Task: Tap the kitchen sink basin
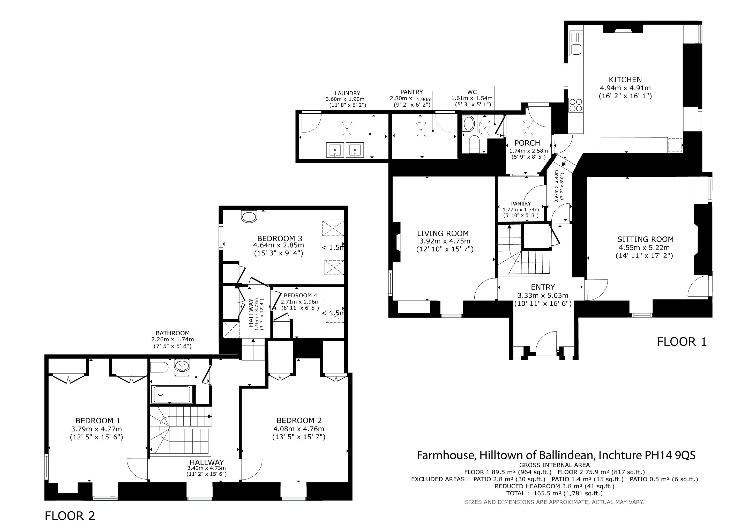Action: tap(576, 49)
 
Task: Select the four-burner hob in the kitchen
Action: tap(576, 105)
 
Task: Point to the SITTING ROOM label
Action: tap(645, 239)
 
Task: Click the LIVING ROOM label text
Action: tap(443, 234)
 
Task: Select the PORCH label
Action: tap(527, 143)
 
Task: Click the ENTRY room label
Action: tap(543, 287)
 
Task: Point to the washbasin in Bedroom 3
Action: tap(249, 216)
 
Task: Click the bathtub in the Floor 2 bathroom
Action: tap(171, 395)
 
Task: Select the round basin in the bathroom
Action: tap(182, 366)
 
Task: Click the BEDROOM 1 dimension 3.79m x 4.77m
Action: tap(96, 429)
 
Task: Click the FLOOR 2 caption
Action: tap(70, 516)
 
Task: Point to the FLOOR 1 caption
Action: tap(682, 342)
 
